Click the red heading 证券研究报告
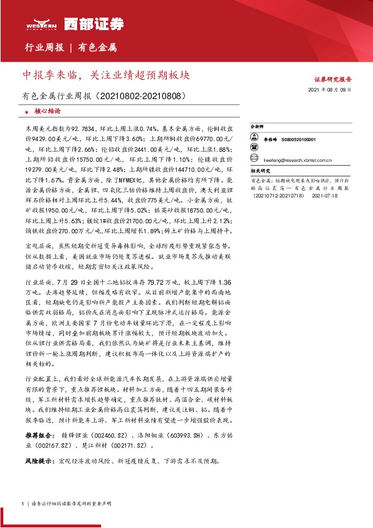click(x=332, y=80)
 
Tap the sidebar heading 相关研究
click(x=260, y=170)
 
